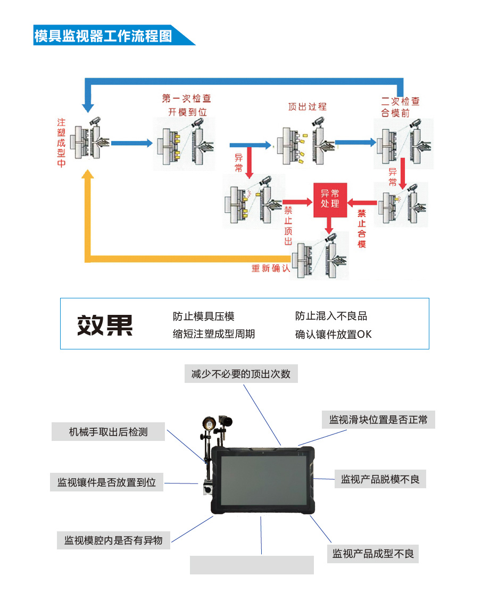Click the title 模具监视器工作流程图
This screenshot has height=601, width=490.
pyautogui.click(x=103, y=36)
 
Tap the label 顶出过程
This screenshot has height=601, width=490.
pyautogui.click(x=307, y=106)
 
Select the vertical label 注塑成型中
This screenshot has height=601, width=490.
pyautogui.click(x=62, y=143)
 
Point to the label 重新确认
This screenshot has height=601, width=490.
pyautogui.click(x=271, y=268)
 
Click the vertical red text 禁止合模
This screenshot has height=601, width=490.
pyautogui.click(x=362, y=228)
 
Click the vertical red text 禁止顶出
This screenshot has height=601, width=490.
pyautogui.click(x=288, y=226)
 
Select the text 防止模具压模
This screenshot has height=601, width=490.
pyautogui.click(x=203, y=316)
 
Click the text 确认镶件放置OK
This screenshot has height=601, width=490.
pyautogui.click(x=333, y=335)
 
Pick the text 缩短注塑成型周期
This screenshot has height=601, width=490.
pyautogui.click(x=214, y=334)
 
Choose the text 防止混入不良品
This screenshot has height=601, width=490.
pyautogui.click(x=331, y=316)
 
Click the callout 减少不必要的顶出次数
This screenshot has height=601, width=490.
pyautogui.click(x=241, y=374)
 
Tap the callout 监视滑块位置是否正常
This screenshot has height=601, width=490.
pyautogui.click(x=378, y=420)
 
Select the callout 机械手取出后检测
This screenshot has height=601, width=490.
pyautogui.click(x=108, y=432)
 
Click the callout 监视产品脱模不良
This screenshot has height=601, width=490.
pyautogui.click(x=380, y=479)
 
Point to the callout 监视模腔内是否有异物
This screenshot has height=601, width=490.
pyautogui.click(x=113, y=540)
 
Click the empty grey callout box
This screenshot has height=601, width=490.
pyautogui.click(x=252, y=565)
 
